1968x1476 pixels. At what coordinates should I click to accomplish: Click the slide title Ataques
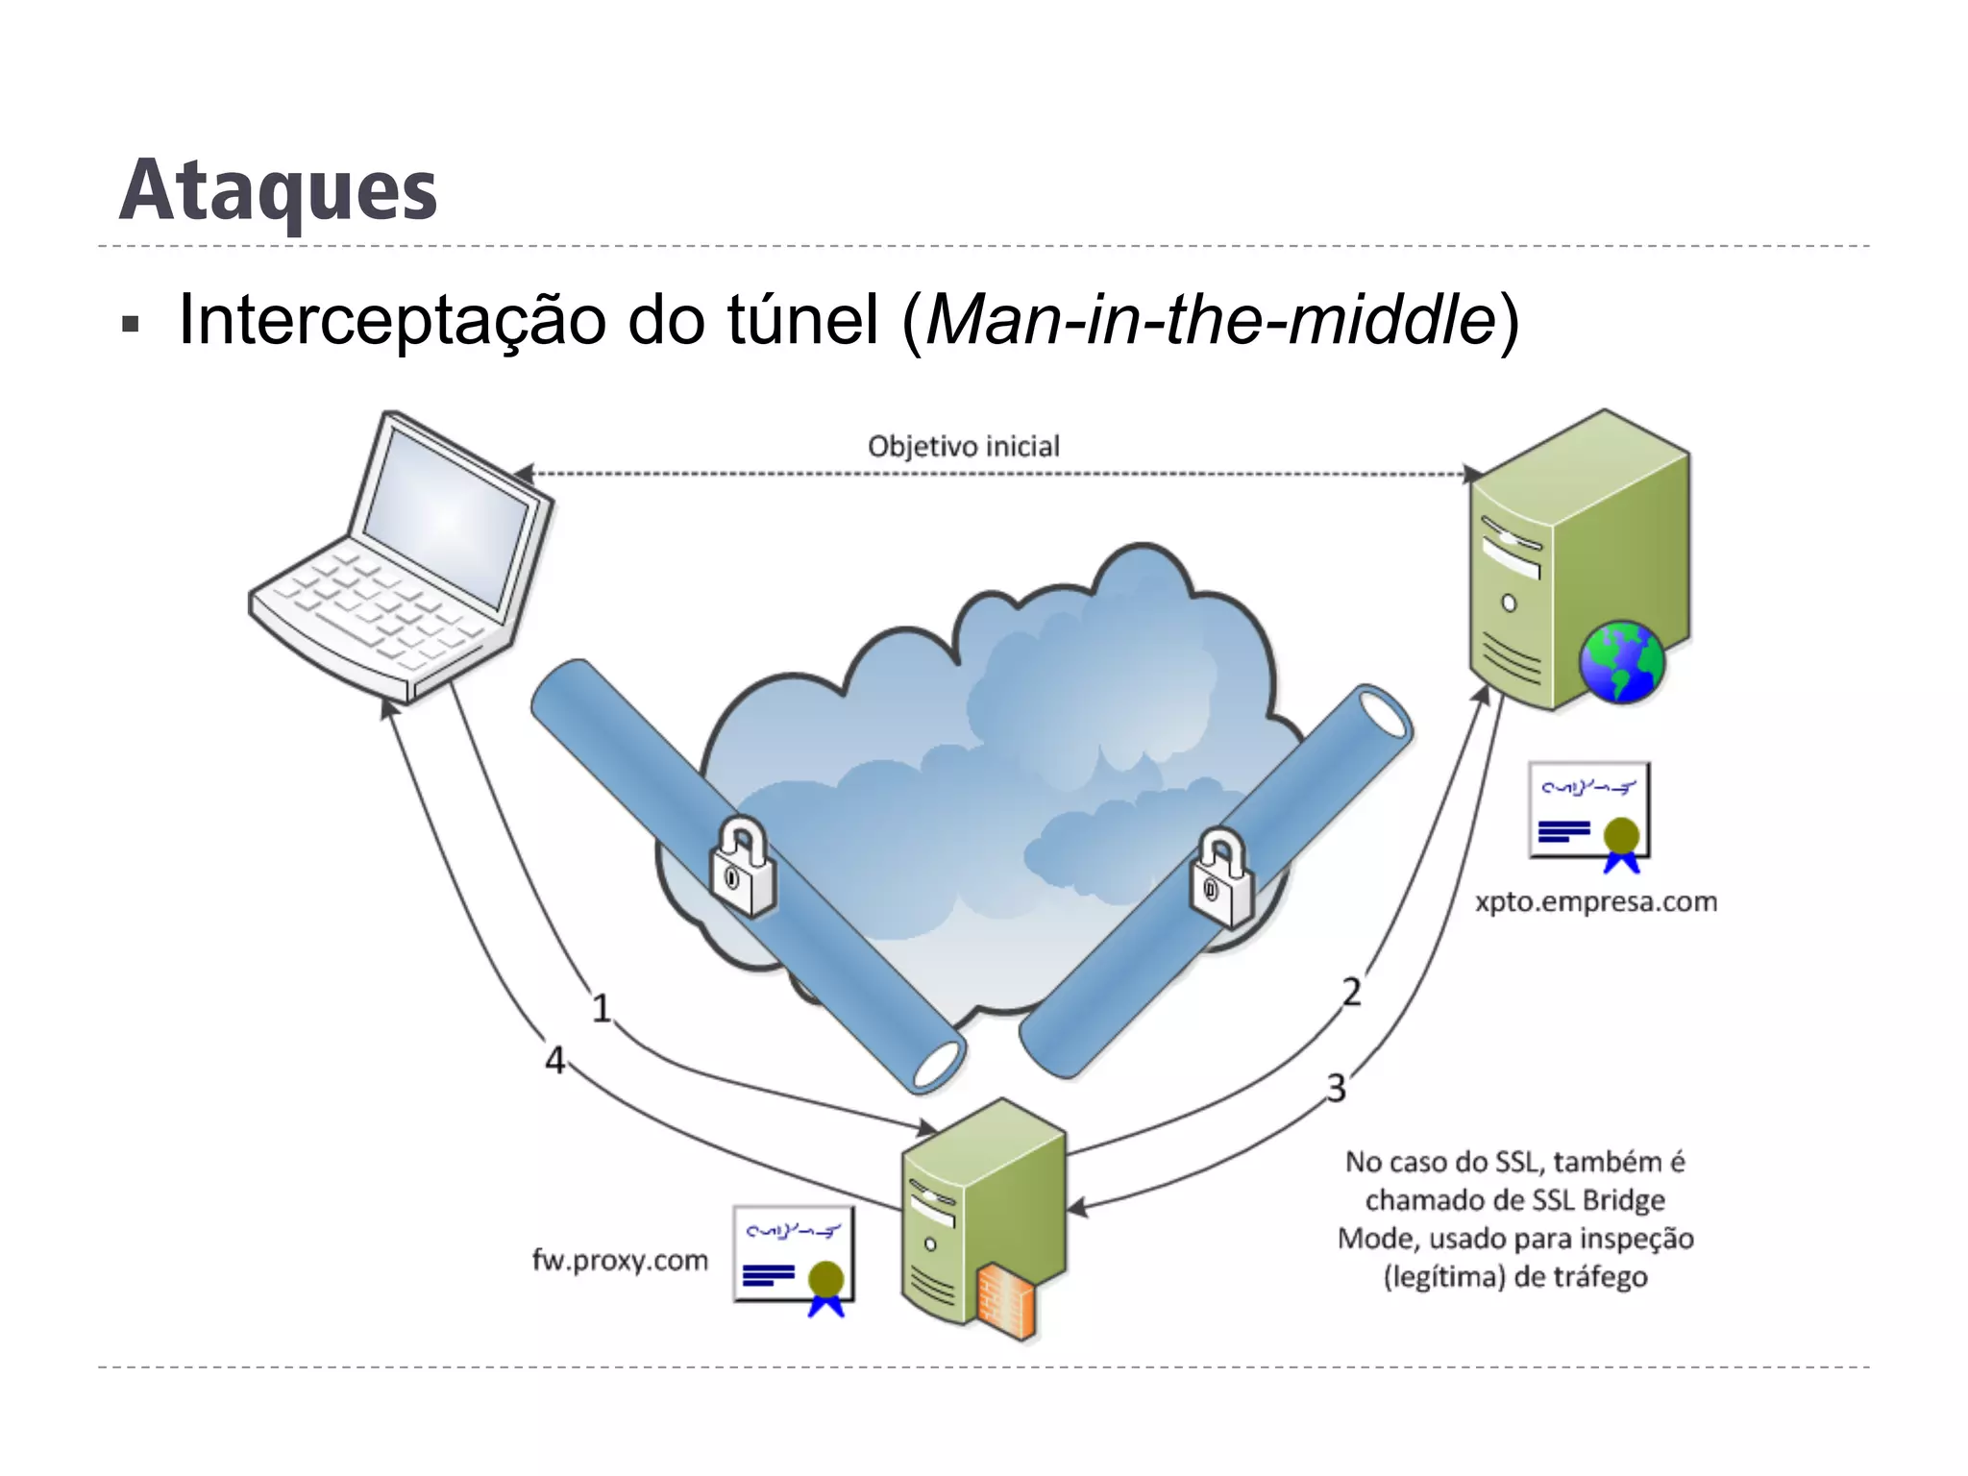pyautogui.click(x=279, y=190)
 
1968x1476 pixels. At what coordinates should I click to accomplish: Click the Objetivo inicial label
pyautogui.click(x=963, y=447)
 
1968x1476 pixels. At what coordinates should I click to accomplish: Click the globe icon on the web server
pyautogui.click(x=1622, y=661)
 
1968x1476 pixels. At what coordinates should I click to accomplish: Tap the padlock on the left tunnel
pyautogui.click(x=742, y=867)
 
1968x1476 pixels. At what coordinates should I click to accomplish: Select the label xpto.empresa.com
pyautogui.click(x=1596, y=902)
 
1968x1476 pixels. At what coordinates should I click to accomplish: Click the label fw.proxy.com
pyautogui.click(x=620, y=1260)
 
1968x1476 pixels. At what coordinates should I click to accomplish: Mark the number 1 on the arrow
pyautogui.click(x=602, y=1009)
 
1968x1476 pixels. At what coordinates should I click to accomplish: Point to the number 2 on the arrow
pyautogui.click(x=1352, y=992)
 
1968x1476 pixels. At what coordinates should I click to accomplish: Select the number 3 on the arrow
pyautogui.click(x=1337, y=1089)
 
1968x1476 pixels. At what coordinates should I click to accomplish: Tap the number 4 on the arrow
pyautogui.click(x=554, y=1061)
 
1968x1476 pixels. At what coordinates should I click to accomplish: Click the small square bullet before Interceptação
pyautogui.click(x=131, y=324)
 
